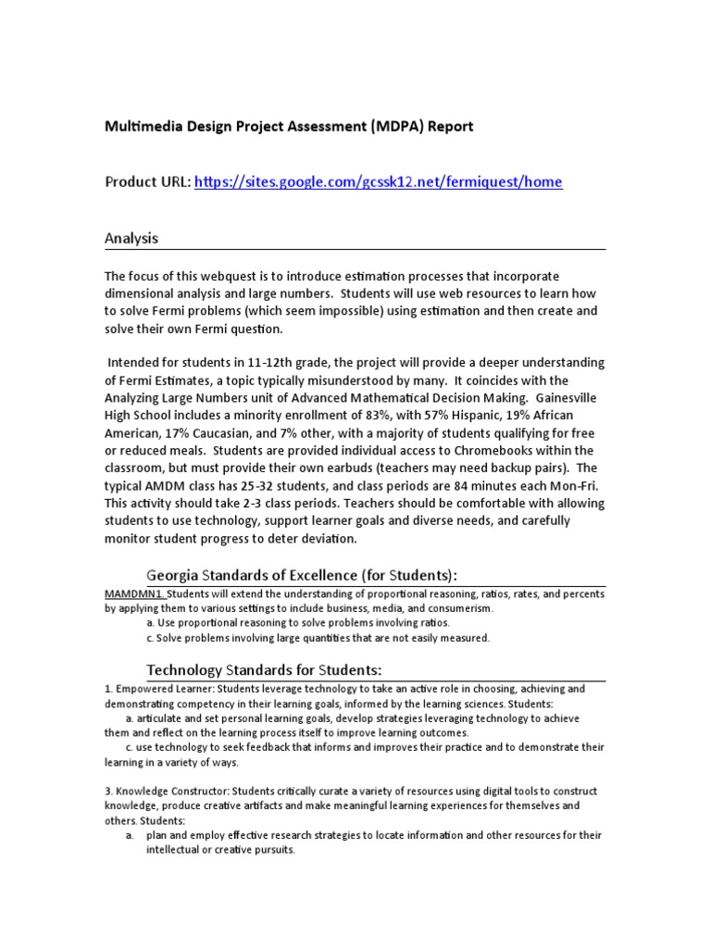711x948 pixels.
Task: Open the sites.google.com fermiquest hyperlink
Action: (378, 182)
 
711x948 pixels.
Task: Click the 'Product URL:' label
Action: (147, 182)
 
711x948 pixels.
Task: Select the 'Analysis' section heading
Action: (131, 238)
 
